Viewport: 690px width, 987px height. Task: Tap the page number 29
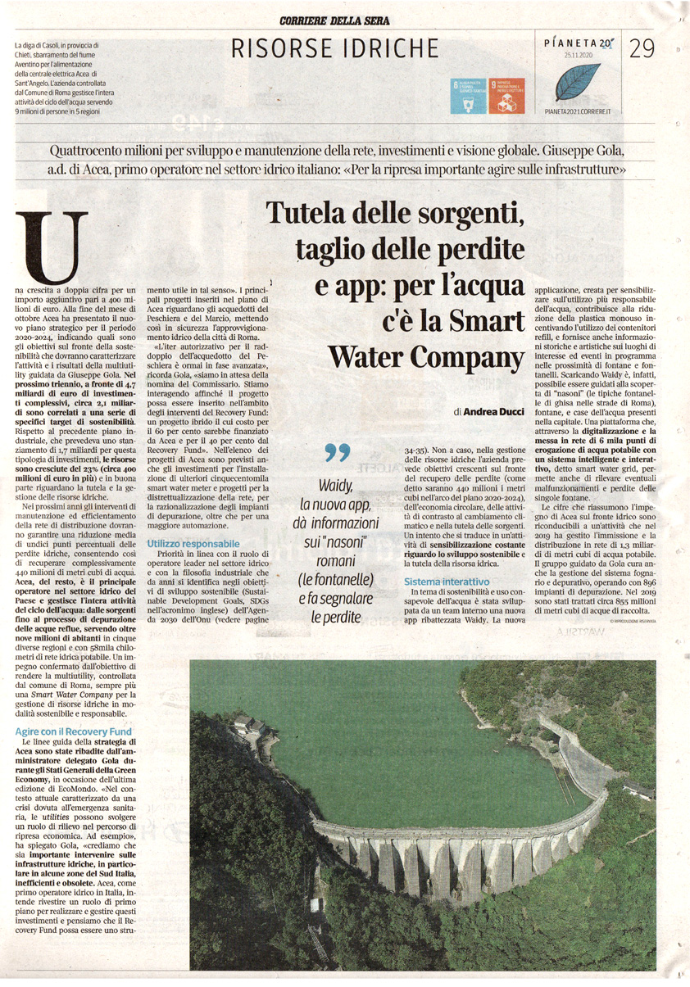[642, 49]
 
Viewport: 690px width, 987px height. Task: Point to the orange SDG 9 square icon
[506, 96]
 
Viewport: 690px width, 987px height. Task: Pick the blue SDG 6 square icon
[469, 96]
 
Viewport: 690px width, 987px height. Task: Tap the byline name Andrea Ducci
[493, 412]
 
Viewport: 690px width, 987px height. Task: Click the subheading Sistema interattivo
[447, 581]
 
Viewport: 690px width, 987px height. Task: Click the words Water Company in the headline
[425, 357]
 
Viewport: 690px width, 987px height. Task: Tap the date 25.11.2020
[578, 55]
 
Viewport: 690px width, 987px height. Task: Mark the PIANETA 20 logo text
[578, 41]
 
